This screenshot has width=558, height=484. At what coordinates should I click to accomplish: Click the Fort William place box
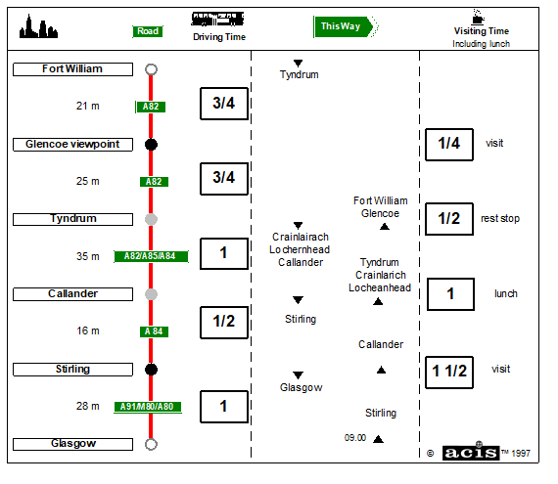point(73,69)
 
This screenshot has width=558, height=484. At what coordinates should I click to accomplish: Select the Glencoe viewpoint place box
point(73,145)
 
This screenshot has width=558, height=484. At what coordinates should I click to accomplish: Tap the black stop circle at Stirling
point(151,370)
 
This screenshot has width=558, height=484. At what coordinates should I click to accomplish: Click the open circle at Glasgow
point(151,444)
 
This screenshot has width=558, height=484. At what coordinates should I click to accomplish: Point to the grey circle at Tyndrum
point(151,219)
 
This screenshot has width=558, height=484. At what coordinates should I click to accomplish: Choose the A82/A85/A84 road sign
point(151,256)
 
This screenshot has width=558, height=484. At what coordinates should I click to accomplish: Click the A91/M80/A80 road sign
point(148,407)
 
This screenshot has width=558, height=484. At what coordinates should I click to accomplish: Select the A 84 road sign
point(154,331)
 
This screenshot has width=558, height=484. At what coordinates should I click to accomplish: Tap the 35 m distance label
point(87,256)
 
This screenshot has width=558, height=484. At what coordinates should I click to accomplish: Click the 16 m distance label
point(87,330)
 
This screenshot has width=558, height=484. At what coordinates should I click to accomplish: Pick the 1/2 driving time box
point(224,323)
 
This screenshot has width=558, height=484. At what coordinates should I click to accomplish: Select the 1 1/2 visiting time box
point(449,373)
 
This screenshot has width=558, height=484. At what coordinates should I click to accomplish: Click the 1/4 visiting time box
point(449,145)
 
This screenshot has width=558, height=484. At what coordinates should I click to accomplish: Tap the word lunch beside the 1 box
point(506,294)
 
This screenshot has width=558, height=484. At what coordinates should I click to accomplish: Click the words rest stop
point(500,219)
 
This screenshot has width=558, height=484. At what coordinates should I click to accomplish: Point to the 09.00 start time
point(355,438)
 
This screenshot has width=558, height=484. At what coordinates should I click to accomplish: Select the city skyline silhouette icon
point(38,26)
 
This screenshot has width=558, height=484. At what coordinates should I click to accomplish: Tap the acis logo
point(471,453)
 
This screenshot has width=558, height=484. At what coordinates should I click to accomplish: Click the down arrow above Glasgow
point(299,375)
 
